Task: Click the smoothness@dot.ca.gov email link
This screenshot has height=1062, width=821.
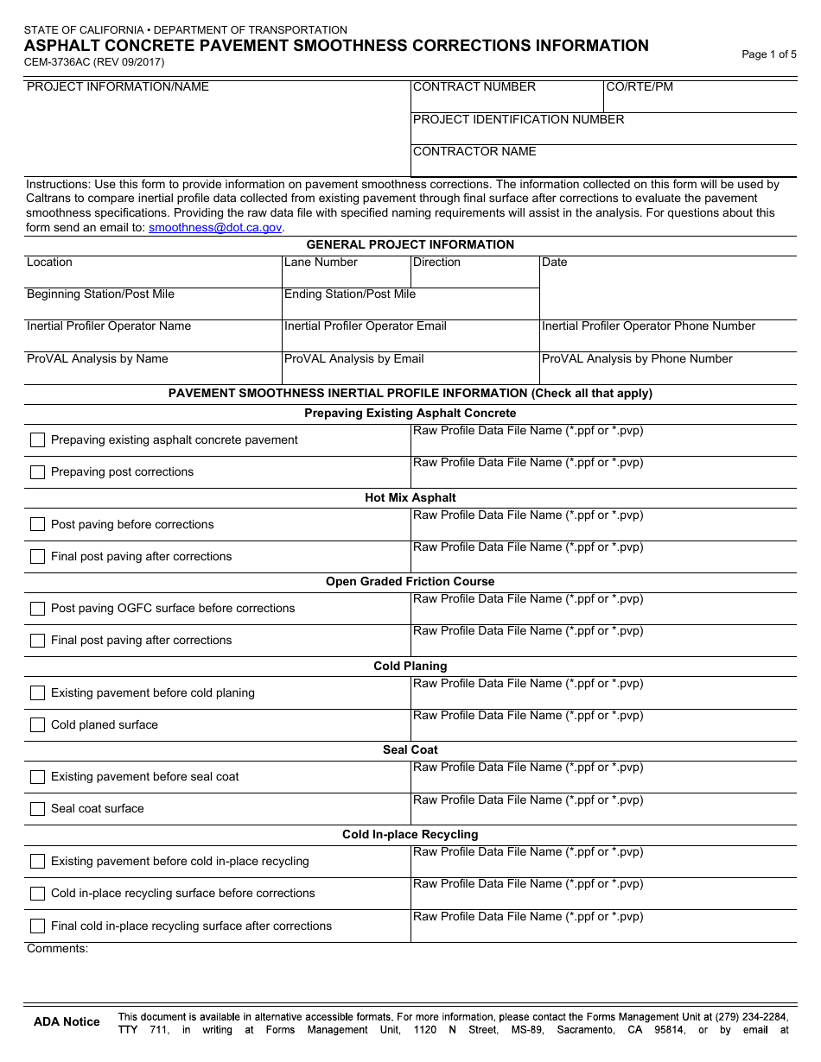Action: (x=215, y=228)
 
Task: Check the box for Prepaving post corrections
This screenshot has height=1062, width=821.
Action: (x=37, y=472)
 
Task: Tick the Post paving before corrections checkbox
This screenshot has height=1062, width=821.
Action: (x=37, y=525)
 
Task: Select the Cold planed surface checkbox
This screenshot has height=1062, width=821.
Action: (x=37, y=725)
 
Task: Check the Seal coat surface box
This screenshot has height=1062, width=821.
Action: (x=37, y=809)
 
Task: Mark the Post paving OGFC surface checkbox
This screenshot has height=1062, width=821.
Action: (x=37, y=609)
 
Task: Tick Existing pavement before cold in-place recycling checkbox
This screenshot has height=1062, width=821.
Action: (x=37, y=862)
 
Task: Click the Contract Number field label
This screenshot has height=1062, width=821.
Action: (x=474, y=87)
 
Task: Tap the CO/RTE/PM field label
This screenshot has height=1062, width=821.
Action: (x=640, y=87)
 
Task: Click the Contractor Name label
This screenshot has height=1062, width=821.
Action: (x=474, y=152)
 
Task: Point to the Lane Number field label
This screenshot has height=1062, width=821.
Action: (x=321, y=262)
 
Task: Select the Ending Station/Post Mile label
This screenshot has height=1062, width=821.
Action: (x=349, y=294)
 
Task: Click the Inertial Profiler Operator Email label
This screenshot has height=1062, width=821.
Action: (x=365, y=326)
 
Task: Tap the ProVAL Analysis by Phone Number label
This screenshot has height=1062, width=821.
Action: (x=637, y=359)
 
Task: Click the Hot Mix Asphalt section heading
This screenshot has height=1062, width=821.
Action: (x=410, y=498)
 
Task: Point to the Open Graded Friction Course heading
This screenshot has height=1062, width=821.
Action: (x=410, y=582)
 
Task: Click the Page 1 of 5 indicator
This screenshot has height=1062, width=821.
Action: (x=768, y=54)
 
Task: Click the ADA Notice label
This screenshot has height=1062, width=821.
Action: (x=67, y=1022)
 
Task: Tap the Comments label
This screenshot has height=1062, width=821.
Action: (x=57, y=949)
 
